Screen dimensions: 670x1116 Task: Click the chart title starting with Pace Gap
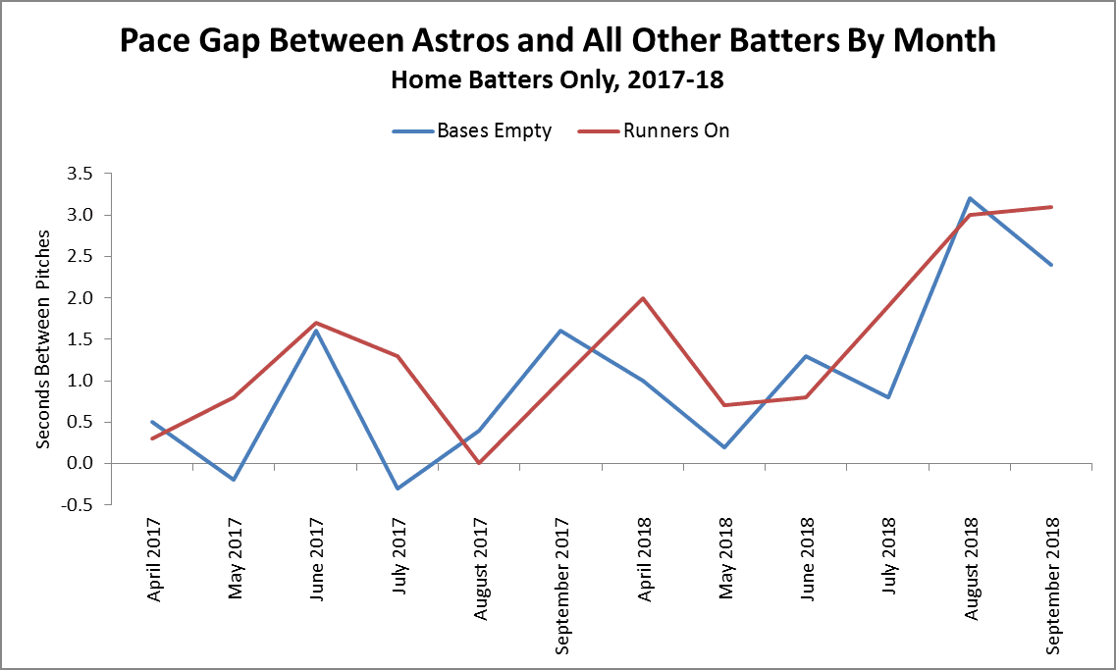coord(558,41)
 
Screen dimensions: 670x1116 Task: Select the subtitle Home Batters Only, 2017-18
coord(558,79)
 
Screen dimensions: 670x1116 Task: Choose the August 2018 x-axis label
coord(971,566)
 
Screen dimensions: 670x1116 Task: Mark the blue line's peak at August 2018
coord(970,198)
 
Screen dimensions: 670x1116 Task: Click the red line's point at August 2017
coord(479,463)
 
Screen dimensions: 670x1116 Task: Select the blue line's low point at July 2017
coord(398,488)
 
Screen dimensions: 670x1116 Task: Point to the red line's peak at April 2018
coord(643,298)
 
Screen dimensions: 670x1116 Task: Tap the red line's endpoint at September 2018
coord(1051,207)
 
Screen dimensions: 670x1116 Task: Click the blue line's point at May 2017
coord(234,480)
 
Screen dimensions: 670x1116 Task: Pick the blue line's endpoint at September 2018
coord(1051,265)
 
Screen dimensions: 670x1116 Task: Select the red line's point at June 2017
coord(316,323)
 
